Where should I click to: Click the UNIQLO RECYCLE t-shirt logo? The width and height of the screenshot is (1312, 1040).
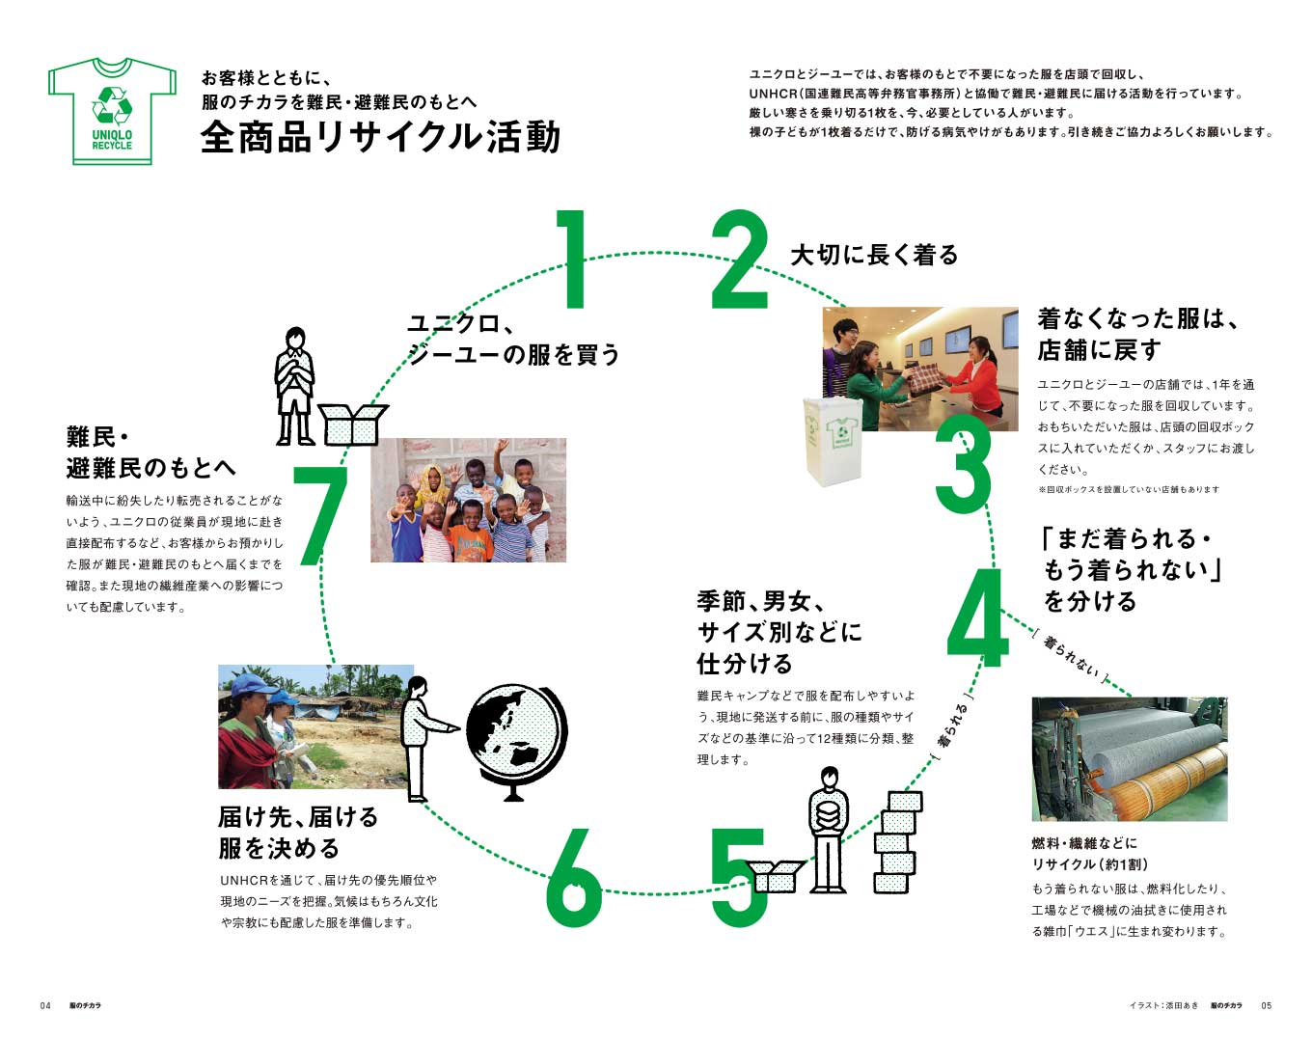click(112, 111)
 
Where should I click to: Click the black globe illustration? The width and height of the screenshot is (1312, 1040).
click(515, 739)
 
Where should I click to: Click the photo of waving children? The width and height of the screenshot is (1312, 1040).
click(468, 500)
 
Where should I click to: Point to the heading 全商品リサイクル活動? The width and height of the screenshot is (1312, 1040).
click(380, 137)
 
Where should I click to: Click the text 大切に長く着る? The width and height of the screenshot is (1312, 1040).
click(874, 255)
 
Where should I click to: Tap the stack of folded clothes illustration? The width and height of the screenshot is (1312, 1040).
click(897, 841)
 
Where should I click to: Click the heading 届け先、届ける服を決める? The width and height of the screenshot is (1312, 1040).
click(298, 833)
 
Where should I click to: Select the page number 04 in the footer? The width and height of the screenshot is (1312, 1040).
click(45, 1005)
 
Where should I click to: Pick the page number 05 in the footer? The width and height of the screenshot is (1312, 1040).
click(1267, 1005)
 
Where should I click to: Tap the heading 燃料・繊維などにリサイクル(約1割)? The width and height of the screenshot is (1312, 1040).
click(1090, 854)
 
